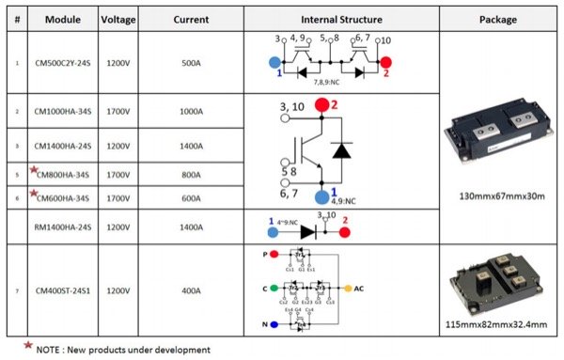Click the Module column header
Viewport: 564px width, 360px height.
(61, 18)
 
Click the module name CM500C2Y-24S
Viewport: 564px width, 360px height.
(61, 62)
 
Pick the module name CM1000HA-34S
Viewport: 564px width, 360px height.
(61, 111)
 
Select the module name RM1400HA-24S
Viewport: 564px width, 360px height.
(61, 227)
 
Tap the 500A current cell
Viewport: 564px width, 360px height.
(189, 62)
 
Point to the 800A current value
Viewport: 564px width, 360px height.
(189, 174)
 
